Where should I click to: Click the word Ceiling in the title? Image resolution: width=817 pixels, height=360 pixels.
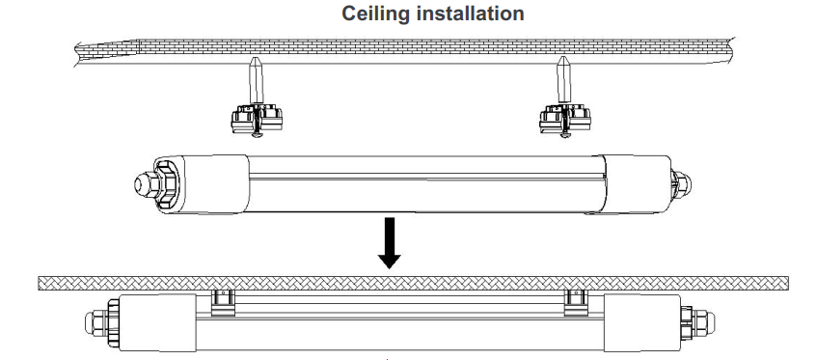click(376, 14)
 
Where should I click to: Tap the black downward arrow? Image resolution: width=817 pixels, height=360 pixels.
click(390, 243)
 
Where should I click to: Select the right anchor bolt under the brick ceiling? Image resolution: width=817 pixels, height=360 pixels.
click(563, 80)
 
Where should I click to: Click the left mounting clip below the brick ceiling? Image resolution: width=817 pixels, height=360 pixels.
click(257, 120)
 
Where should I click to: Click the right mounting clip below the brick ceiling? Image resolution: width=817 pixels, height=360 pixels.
click(565, 120)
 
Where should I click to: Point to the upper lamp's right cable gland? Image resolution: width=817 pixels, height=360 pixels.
click(682, 184)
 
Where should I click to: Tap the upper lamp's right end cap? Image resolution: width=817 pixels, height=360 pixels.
click(636, 184)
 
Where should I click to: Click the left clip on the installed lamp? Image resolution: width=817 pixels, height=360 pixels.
click(223, 303)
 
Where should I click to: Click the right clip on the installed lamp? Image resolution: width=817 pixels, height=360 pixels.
click(576, 303)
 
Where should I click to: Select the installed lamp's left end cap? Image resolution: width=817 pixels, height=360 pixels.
click(157, 322)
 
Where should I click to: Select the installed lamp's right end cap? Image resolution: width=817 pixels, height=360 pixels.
click(642, 322)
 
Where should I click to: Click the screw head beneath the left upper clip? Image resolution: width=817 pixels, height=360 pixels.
click(256, 135)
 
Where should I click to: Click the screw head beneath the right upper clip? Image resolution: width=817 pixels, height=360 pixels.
click(563, 135)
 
